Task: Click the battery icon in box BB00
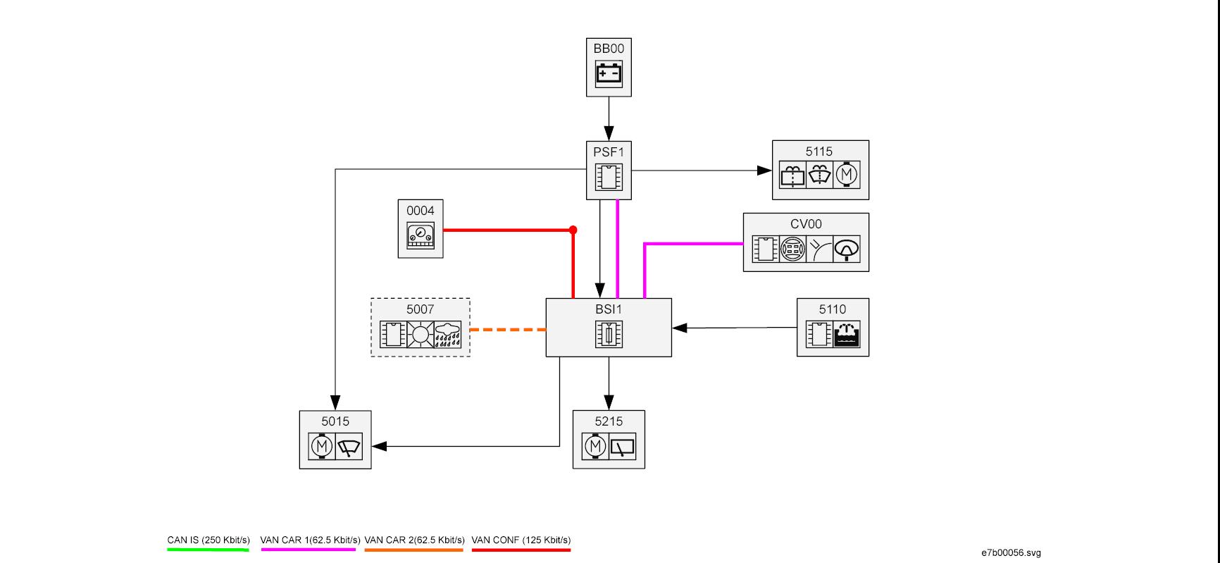(609, 73)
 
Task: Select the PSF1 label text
(609, 151)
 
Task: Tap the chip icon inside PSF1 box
(609, 177)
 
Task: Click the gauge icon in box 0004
(421, 235)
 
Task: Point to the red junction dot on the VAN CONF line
(573, 230)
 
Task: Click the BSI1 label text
(609, 309)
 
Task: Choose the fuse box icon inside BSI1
(609, 335)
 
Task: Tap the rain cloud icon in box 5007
(447, 334)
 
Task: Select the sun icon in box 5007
(421, 334)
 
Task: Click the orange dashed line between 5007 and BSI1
(507, 329)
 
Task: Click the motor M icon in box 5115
(847, 174)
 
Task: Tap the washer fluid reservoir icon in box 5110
(846, 334)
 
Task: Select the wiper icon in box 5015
(349, 446)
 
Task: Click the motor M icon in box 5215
(595, 446)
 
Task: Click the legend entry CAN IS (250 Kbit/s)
(208, 540)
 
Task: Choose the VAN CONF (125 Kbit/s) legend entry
(521, 540)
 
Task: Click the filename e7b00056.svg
(1011, 553)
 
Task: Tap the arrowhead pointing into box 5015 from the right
(379, 446)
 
